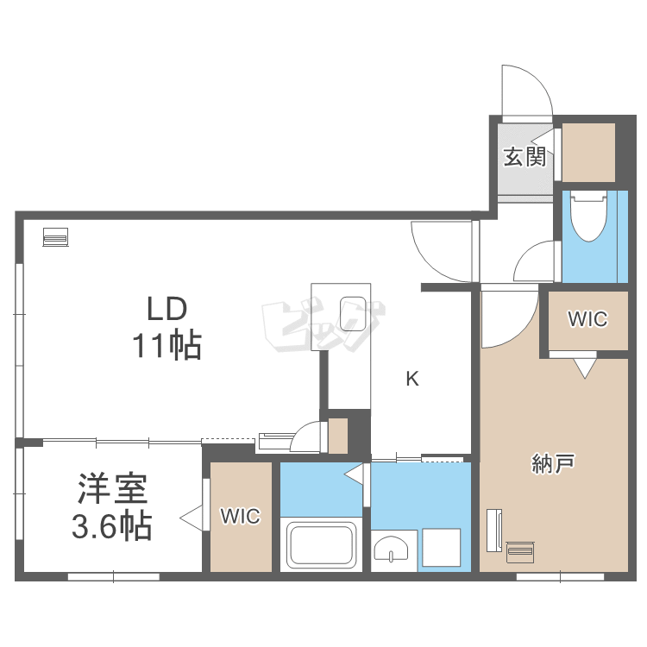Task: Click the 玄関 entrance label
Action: pyautogui.click(x=525, y=157)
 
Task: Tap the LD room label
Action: pyautogui.click(x=167, y=309)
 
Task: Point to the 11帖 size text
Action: pyautogui.click(x=166, y=345)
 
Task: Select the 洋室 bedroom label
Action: pyautogui.click(x=112, y=489)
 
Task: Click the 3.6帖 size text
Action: pyautogui.click(x=112, y=526)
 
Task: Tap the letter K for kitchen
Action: pyautogui.click(x=412, y=379)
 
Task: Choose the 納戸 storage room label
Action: pyautogui.click(x=552, y=463)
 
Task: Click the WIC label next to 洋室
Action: pyautogui.click(x=241, y=516)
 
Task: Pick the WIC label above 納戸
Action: pyautogui.click(x=587, y=319)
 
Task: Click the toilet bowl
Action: pyautogui.click(x=588, y=216)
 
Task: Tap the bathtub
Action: pyautogui.click(x=322, y=544)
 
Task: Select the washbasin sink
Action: pyautogui.click(x=391, y=550)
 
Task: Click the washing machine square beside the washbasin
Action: pyautogui.click(x=441, y=547)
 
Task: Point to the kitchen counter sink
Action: pyautogui.click(x=353, y=314)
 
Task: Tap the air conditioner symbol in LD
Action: pyautogui.click(x=56, y=237)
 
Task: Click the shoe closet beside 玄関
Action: pyautogui.click(x=589, y=152)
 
